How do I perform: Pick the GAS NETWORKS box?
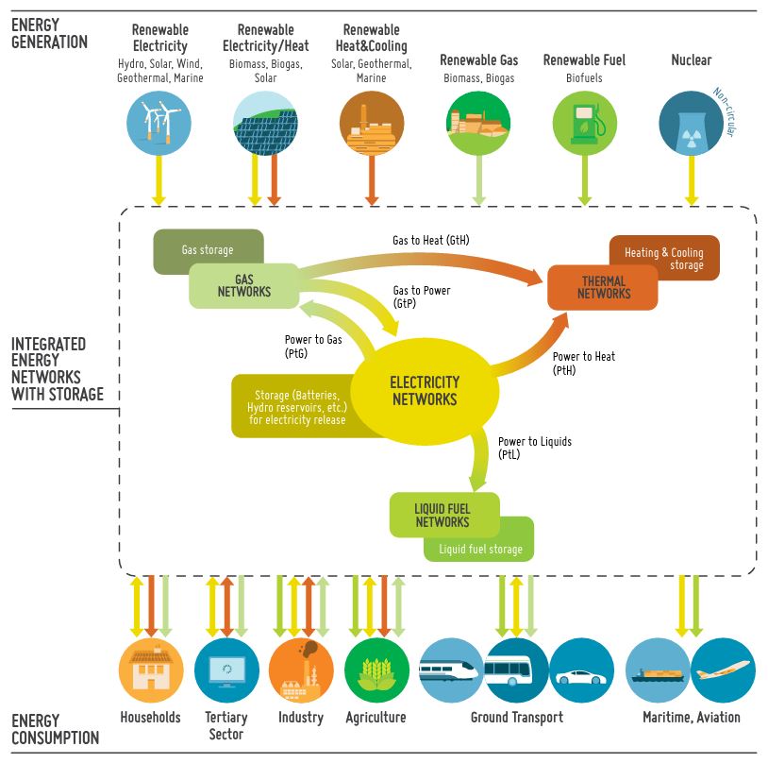click(x=243, y=286)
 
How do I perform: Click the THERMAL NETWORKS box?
click(x=603, y=287)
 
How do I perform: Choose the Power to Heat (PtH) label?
click(x=584, y=363)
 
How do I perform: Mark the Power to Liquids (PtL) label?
click(x=534, y=448)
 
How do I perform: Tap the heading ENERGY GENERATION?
click(x=49, y=34)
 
